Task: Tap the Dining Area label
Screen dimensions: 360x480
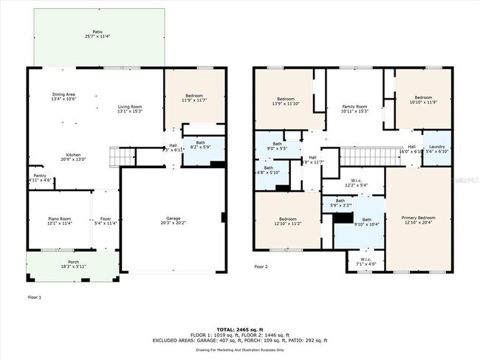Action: click(x=64, y=96)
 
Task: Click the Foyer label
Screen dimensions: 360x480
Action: click(x=104, y=221)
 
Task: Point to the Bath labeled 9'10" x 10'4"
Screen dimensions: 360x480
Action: click(x=366, y=221)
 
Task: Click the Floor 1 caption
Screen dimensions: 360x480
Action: click(x=35, y=297)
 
